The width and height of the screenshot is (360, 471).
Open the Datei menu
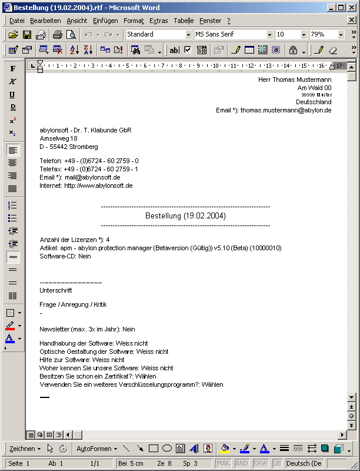[17, 21]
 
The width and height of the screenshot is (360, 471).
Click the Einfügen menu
[105, 21]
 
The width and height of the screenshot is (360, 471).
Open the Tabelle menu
[184, 21]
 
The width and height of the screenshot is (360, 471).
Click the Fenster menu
[211, 21]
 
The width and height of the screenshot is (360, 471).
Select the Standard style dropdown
[157, 35]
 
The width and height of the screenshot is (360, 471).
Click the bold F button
[12, 69]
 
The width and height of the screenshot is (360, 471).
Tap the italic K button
[12, 82]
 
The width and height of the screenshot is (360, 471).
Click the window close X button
[352, 8]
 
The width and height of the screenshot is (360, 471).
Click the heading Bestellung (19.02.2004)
[185, 216]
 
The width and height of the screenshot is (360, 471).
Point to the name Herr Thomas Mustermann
[294, 79]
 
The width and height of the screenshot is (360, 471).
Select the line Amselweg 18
[58, 138]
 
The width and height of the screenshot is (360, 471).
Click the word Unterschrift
[56, 290]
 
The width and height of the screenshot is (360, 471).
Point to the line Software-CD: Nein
[65, 256]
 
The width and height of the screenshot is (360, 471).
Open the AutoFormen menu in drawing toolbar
[96, 449]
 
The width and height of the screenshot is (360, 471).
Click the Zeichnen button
[25, 449]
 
